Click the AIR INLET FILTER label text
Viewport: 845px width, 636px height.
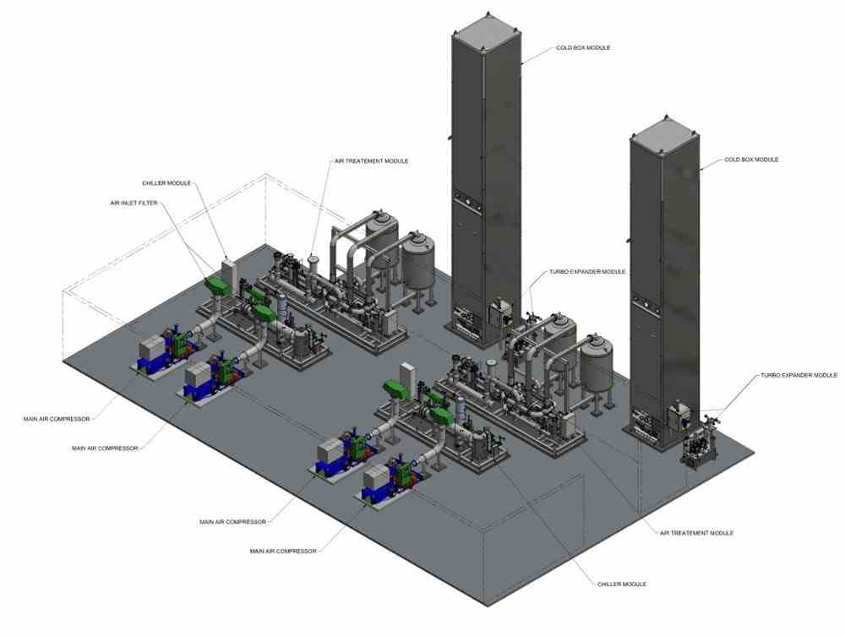click(x=134, y=203)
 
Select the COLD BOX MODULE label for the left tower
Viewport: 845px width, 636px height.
click(x=583, y=48)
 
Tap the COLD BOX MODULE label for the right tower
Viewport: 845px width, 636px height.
click(x=751, y=160)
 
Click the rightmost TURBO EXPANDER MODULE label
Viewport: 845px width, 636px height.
click(x=799, y=375)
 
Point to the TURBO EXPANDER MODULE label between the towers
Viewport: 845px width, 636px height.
click(x=587, y=272)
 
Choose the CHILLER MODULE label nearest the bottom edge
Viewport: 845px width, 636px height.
click(x=621, y=584)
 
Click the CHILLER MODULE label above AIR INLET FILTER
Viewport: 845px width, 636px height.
click(x=166, y=183)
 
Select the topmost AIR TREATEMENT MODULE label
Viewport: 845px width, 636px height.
click(x=371, y=161)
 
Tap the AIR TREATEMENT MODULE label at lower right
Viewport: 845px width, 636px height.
click(x=697, y=533)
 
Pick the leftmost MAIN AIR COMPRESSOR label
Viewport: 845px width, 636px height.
click(x=57, y=419)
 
